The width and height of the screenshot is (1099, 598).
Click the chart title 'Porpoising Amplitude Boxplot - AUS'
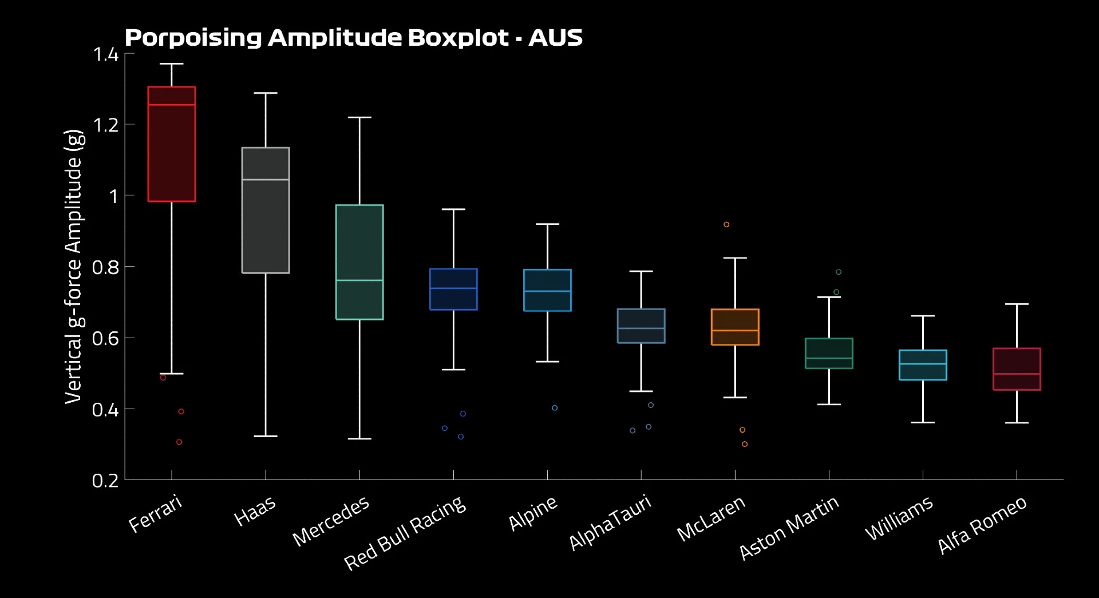pyautogui.click(x=353, y=38)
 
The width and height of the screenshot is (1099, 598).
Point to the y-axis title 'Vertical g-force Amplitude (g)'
pyautogui.click(x=74, y=266)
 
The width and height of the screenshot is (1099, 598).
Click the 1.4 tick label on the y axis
pyautogui.click(x=105, y=54)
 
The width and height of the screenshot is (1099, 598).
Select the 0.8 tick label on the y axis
pyautogui.click(x=105, y=267)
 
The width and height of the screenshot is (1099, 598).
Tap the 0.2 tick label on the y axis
pyautogui.click(x=105, y=481)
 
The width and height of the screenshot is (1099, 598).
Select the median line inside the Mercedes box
pyautogui.click(x=359, y=280)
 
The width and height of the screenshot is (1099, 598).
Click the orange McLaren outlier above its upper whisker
pyautogui.click(x=726, y=224)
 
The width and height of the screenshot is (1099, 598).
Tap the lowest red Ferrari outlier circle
pyautogui.click(x=179, y=442)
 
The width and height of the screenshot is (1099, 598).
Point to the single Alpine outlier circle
pyautogui.click(x=555, y=408)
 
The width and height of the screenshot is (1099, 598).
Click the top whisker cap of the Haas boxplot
pyautogui.click(x=266, y=93)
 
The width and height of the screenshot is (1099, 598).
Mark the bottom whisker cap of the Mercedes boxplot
pyautogui.click(x=359, y=439)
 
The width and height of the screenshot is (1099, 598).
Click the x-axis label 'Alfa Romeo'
pyautogui.click(x=982, y=525)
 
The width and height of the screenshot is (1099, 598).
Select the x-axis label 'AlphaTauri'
pyautogui.click(x=610, y=522)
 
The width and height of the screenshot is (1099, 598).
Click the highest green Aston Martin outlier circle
pyautogui.click(x=839, y=272)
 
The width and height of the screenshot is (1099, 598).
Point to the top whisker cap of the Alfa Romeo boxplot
pyautogui.click(x=1017, y=304)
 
